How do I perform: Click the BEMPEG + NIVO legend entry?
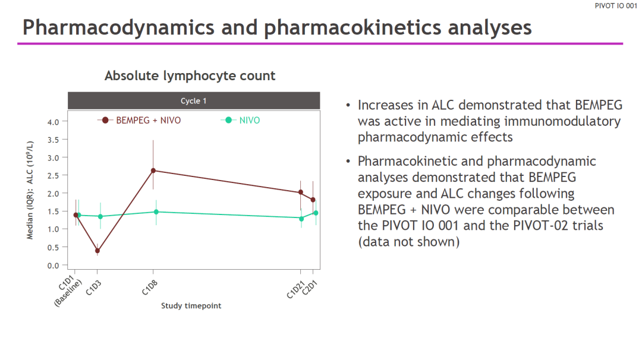139,120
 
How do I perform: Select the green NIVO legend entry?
240,120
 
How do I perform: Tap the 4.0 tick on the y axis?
53,122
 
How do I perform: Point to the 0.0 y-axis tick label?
53,266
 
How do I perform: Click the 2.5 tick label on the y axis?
53,175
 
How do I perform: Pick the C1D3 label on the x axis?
93,288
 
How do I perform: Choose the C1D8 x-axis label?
149,288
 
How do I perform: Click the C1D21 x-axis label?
295,290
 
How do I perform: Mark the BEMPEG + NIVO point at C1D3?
97,251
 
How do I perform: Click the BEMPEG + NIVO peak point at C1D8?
153,170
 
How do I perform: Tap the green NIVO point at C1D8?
156,212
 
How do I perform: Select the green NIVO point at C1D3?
100,216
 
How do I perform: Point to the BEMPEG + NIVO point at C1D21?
301,192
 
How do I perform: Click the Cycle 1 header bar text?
194,100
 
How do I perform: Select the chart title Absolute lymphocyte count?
190,75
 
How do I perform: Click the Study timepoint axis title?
191,305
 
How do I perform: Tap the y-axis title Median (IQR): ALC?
30,190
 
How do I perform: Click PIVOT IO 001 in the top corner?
616,6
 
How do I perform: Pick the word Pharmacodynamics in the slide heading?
118,27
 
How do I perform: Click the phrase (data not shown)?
408,242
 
